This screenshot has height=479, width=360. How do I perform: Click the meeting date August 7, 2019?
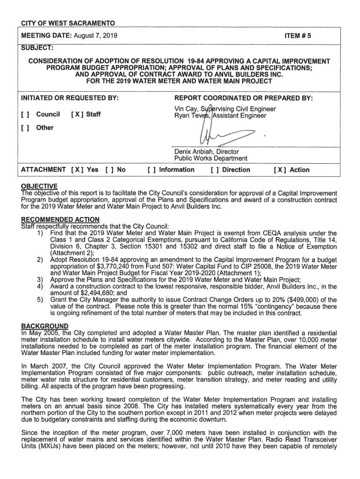(95, 36)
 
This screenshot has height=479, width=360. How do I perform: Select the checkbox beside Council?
(26, 114)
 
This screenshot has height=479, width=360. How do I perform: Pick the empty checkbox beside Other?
(26, 128)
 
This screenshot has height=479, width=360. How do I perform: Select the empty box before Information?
(151, 170)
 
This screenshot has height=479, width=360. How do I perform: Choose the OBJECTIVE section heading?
(39, 186)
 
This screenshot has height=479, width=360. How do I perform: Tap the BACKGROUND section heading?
(45, 326)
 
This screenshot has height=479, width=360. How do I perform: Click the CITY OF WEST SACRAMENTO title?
(68, 23)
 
